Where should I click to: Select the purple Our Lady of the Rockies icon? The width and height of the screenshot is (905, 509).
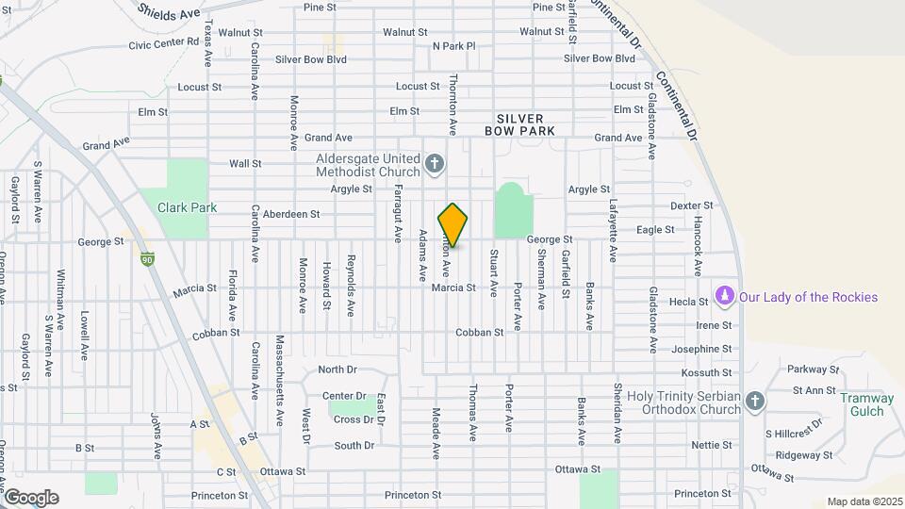[x=724, y=297]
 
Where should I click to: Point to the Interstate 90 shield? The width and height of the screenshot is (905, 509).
[x=147, y=258]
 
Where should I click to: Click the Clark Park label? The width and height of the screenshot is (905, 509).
[x=187, y=207]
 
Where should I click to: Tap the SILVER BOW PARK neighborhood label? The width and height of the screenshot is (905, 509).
[x=520, y=124]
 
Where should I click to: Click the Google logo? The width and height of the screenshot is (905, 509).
[x=31, y=497]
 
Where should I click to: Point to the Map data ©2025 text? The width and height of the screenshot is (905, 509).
[x=864, y=501]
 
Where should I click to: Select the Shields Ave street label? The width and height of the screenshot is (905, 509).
[x=170, y=11]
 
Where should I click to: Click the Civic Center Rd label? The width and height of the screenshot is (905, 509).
[x=164, y=44]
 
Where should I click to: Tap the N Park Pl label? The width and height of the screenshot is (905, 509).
[x=453, y=45]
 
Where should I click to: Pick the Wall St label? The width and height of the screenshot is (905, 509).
[x=245, y=163]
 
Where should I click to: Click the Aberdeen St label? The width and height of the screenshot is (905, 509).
[x=291, y=214]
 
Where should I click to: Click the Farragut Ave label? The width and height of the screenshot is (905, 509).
[x=398, y=212]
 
